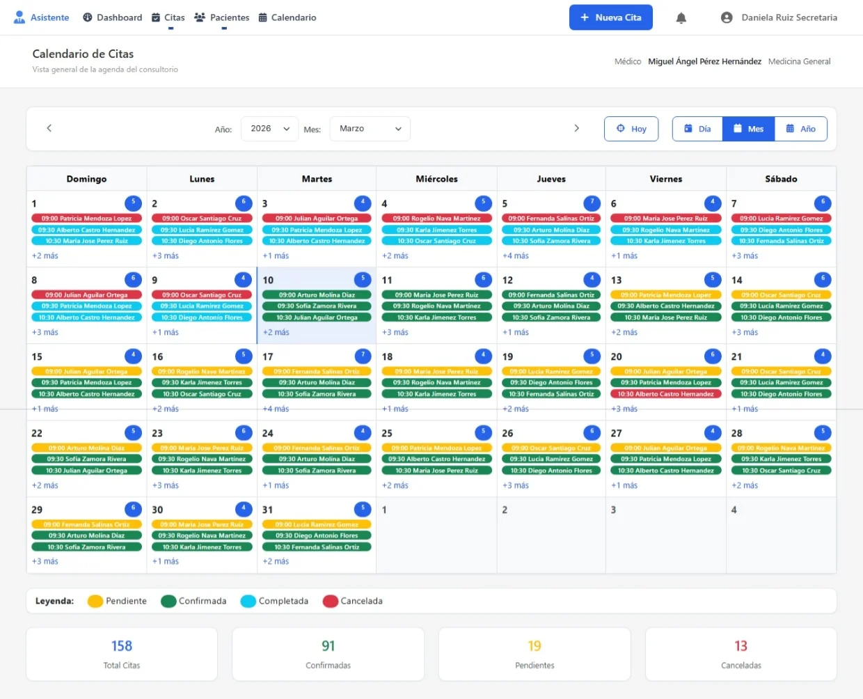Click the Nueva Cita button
[610, 17]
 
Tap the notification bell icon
[681, 18]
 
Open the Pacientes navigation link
[221, 17]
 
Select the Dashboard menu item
[112, 17]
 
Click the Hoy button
[631, 129]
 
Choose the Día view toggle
[697, 129]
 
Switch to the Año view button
[800, 129]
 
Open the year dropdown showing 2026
[269, 129]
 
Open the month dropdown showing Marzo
[370, 129]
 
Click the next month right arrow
[576, 128]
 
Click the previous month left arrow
[49, 128]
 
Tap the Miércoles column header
[436, 179]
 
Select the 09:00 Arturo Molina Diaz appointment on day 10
[317, 295]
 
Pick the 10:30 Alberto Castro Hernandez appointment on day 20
[665, 394]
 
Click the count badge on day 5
[592, 203]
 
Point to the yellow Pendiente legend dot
[95, 601]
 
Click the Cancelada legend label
[361, 601]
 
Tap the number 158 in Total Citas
[122, 646]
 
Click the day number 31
[268, 510]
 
